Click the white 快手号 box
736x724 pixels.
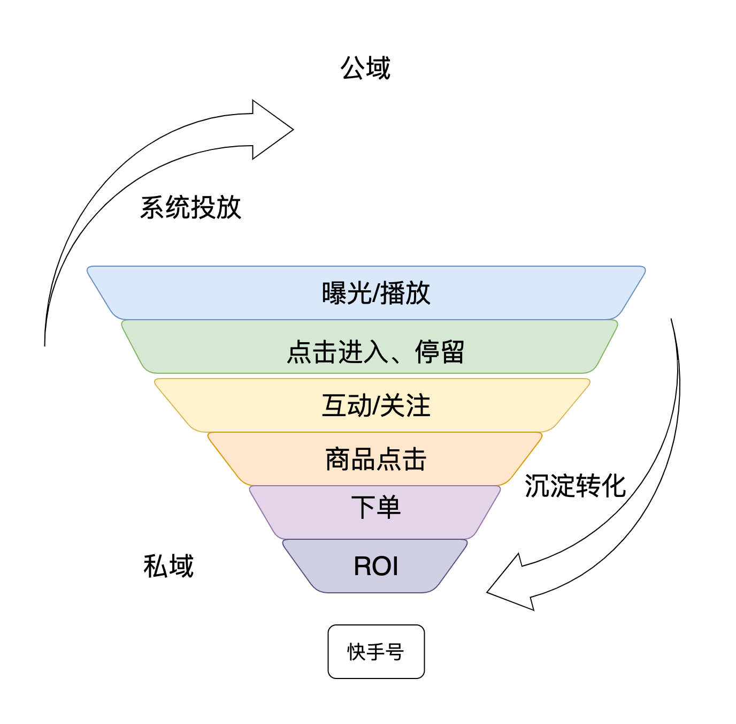coord(376,652)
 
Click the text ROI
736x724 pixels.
coord(376,566)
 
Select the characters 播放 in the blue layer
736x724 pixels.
coord(405,293)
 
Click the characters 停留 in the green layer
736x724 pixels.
coord(440,352)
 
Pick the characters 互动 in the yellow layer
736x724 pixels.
coord(347,405)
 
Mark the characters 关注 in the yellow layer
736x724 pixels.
coord(405,405)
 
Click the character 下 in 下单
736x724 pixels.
coord(363,507)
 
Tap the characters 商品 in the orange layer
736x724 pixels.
coord(350,459)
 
